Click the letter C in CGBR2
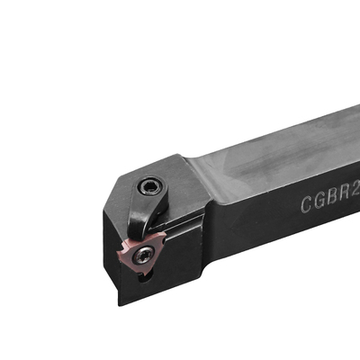[x=307, y=204]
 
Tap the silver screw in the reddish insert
[x=142, y=256]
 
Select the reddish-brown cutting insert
[x=141, y=255]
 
